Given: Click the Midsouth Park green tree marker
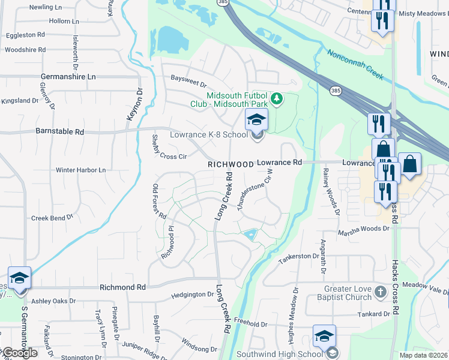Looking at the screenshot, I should pos(276,98).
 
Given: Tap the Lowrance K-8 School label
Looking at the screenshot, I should pos(209,135).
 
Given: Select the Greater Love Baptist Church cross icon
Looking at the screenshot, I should pos(380,292).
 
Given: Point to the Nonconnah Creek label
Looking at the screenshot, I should pos(355,64).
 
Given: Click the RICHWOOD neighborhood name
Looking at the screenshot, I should pos(231,164).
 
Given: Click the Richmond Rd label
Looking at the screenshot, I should pos(122,287).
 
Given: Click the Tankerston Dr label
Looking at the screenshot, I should pos(298,256).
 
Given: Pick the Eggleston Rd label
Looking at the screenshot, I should pos(25,35).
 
